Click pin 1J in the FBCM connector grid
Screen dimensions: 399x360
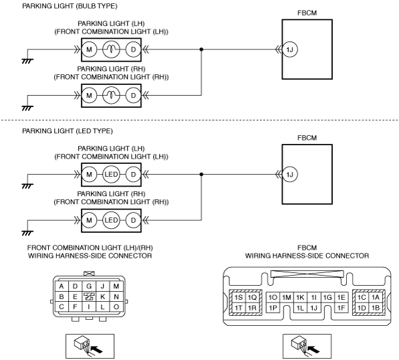[x=313, y=308]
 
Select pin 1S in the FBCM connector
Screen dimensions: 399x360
[x=239, y=297]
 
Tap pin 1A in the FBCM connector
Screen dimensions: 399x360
[x=376, y=297]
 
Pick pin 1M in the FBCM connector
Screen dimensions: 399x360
[x=287, y=297]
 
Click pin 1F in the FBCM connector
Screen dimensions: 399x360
[x=341, y=308]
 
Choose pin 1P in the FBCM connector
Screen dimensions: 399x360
[x=273, y=308]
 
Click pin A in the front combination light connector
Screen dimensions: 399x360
[x=61, y=286]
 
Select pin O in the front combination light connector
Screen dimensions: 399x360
[x=116, y=306]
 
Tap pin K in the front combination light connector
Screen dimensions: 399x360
[x=102, y=296]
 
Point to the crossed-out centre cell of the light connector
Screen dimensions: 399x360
[x=89, y=296]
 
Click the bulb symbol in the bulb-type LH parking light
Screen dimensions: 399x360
[x=111, y=50]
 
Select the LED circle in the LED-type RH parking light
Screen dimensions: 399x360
[x=111, y=220]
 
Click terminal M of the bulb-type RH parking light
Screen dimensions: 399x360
[x=89, y=96]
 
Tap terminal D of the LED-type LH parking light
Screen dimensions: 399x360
[x=134, y=175]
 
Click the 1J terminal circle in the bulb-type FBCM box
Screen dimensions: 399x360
[x=290, y=50]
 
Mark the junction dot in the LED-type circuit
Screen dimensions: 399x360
[x=201, y=175]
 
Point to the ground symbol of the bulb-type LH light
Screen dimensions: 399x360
[x=27, y=61]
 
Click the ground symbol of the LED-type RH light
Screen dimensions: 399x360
[x=27, y=233]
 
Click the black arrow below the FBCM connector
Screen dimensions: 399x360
[x=313, y=349]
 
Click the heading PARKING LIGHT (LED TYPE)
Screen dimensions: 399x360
[x=68, y=131]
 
